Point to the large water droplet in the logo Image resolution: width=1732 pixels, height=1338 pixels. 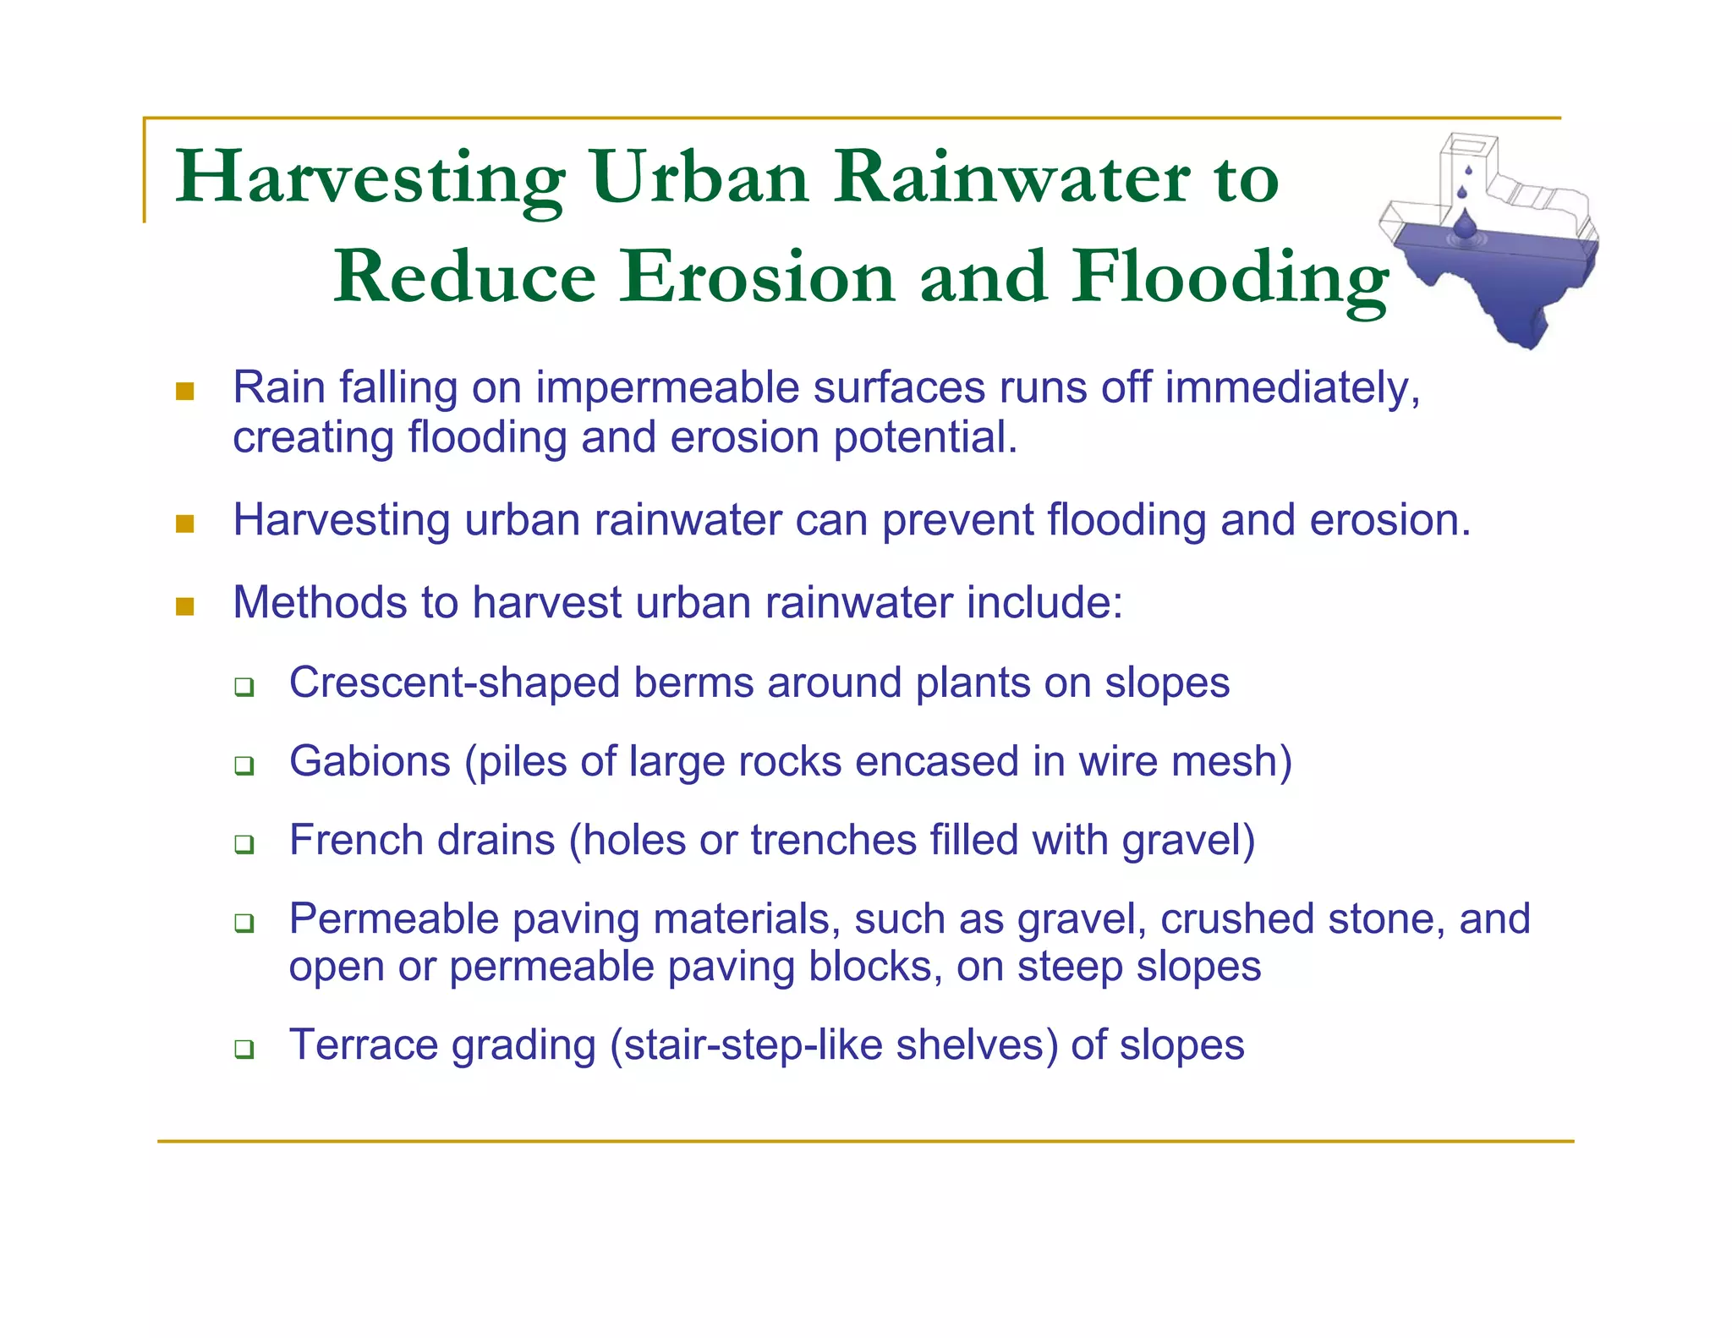[x=1465, y=224]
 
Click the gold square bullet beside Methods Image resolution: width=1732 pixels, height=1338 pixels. [x=184, y=606]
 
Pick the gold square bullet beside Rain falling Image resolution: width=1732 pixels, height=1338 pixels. [x=184, y=391]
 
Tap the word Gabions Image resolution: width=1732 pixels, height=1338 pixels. [x=370, y=761]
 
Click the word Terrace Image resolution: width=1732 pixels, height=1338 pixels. [x=363, y=1045]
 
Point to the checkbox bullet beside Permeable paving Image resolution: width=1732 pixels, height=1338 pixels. [x=244, y=922]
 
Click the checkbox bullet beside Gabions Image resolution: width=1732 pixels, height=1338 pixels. [x=244, y=765]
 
